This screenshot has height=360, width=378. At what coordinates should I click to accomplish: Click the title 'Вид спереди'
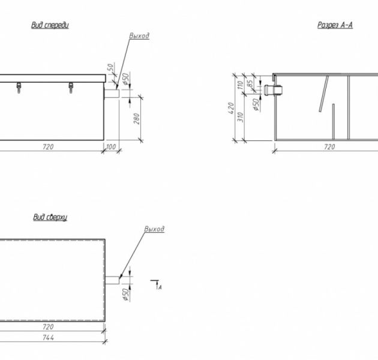tap(50, 25)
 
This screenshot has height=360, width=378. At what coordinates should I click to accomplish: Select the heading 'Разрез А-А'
tap(335, 25)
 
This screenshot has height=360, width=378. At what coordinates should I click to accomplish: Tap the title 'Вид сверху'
tap(50, 217)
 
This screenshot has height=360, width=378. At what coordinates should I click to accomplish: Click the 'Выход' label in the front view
tap(139, 36)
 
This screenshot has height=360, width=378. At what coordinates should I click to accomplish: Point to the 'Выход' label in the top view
tap(154, 229)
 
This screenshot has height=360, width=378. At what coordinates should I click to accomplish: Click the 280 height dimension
tap(136, 119)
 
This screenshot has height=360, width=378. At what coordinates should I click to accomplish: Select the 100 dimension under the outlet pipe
tap(111, 146)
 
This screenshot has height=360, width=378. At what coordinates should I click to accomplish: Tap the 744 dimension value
tap(48, 338)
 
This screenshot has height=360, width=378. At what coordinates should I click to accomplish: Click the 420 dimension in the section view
tap(231, 108)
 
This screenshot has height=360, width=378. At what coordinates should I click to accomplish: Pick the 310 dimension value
tap(241, 117)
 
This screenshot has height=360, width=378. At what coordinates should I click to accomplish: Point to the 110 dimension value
tap(241, 85)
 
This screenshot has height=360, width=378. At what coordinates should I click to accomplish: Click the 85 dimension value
tap(250, 83)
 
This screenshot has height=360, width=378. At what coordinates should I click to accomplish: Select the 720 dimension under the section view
tap(329, 146)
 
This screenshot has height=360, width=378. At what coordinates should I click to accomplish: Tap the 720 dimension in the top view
tap(48, 327)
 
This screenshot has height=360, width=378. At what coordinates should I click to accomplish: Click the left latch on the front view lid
tap(19, 88)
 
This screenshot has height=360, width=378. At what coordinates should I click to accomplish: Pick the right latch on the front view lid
tap(71, 88)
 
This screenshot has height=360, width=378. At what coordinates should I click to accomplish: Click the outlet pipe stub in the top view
tap(112, 280)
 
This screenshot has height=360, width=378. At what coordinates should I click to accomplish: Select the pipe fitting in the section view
tap(273, 90)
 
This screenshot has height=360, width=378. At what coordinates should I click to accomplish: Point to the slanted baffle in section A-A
tap(324, 94)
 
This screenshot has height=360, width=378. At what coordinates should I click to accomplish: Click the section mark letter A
tap(160, 287)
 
